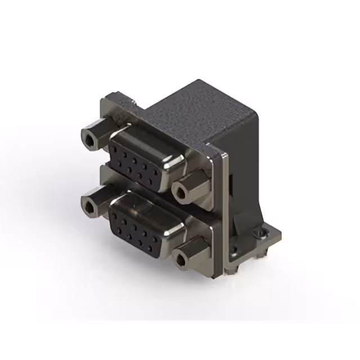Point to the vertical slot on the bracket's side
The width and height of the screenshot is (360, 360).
pos(232,186)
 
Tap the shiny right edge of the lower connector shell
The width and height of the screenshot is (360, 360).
pos(172,236)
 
